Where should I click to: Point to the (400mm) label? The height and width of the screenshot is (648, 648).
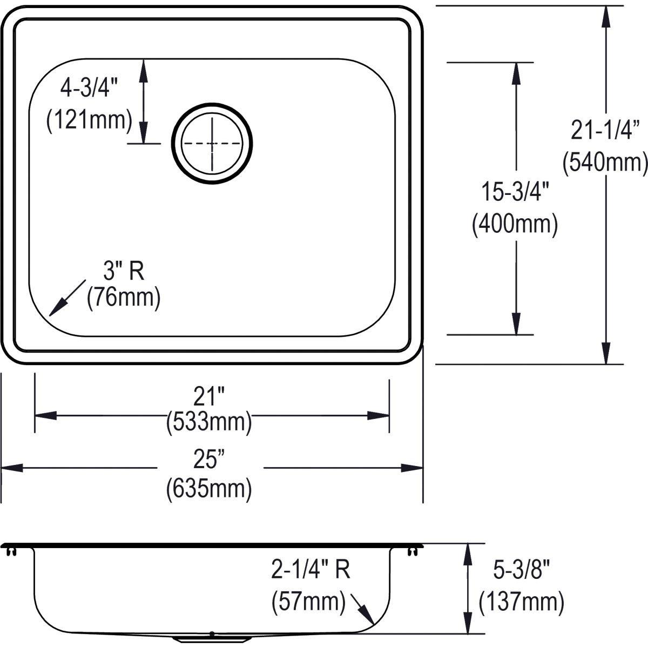[x=515, y=224]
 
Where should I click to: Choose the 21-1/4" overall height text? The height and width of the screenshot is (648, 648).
[x=605, y=131]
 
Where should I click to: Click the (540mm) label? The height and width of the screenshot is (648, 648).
[x=605, y=162]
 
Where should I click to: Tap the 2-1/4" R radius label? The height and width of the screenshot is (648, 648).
[x=311, y=570]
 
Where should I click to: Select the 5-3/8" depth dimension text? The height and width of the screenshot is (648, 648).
[x=522, y=570]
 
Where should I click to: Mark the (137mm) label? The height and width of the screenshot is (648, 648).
[x=522, y=601]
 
